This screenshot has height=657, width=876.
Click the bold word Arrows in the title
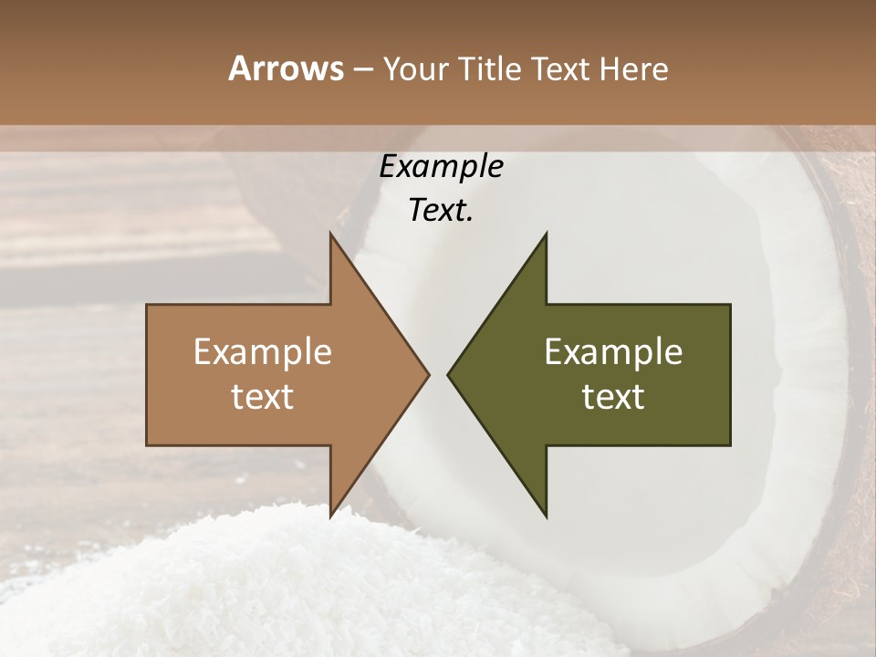point(286,69)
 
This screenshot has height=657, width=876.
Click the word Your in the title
point(413,69)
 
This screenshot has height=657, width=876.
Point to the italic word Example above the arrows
point(441,167)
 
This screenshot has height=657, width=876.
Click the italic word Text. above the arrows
point(441,211)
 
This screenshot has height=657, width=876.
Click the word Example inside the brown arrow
point(263,352)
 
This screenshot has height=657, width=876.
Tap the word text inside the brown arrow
point(263,397)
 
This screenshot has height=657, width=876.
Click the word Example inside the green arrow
point(613,352)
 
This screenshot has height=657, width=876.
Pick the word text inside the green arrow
point(613,397)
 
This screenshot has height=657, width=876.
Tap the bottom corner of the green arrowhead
point(546,516)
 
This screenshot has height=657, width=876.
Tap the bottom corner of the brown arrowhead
point(331,516)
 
